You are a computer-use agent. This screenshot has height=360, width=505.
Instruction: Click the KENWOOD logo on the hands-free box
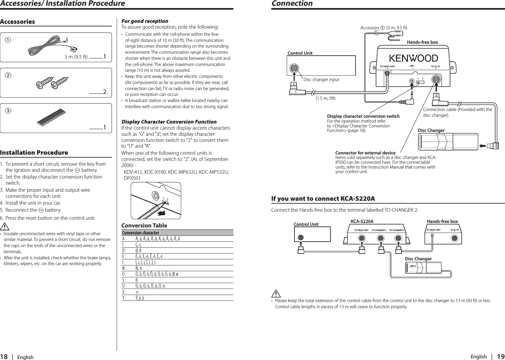point(414,58)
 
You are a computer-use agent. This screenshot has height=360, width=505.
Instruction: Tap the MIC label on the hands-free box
point(412,66)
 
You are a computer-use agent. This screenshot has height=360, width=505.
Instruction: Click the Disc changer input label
point(321,79)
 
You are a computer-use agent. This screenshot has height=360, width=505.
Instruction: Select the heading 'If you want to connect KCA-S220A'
point(323,198)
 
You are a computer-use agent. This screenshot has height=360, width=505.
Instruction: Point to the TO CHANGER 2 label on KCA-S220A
point(397,230)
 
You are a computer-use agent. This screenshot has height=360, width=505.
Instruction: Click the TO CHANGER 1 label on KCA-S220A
point(379,230)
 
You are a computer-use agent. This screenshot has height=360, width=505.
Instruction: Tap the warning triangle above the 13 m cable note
point(276,294)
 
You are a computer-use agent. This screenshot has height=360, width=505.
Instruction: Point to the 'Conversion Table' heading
point(144,225)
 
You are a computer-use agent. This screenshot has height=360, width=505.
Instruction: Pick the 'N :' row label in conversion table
point(124,268)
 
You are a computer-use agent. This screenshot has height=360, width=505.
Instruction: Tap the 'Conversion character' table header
point(140,233)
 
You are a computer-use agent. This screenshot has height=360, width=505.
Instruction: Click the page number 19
point(500,356)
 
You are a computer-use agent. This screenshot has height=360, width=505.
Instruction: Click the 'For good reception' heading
point(145,21)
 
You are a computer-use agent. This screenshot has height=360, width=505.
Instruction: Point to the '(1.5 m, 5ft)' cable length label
point(325,98)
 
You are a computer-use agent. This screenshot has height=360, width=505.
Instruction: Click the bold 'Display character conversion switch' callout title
point(363,116)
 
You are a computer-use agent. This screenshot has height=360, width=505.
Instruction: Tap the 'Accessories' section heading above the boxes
point(17,22)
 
